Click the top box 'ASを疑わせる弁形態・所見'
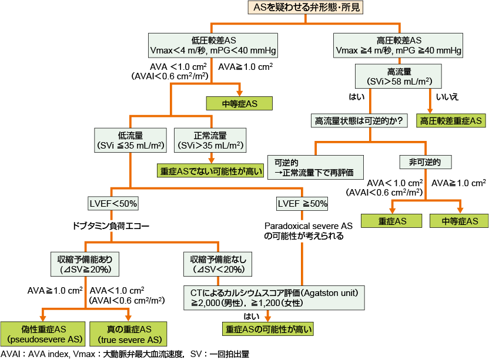pyautogui.click(x=306, y=7)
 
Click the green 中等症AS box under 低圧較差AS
pyautogui.click(x=240, y=103)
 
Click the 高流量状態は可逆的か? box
pyautogui.click(x=359, y=121)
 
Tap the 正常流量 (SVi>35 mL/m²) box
pyautogui.click(x=210, y=139)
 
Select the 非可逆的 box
pyautogui.click(x=426, y=162)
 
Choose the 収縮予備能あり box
pyautogui.click(x=81, y=264)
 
